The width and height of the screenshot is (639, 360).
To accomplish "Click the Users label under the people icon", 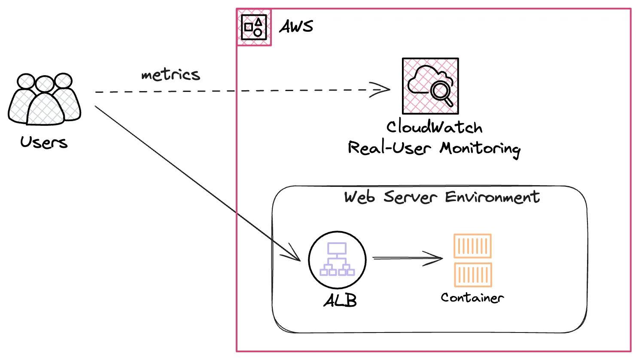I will coord(44,142).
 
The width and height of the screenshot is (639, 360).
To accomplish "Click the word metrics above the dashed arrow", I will coord(170,75).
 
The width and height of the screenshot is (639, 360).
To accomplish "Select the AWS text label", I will coord(296,27).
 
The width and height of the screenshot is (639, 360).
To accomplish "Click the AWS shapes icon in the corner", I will coord(254,27).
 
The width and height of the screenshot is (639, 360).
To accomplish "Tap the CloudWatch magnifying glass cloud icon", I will coord(430,86).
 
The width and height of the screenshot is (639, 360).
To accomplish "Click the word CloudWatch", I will coord(434,127).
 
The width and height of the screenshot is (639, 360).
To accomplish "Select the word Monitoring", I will coord(480,148).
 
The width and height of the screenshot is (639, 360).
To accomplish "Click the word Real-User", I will coord(389,148).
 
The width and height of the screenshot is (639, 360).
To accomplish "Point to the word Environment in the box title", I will coord(492,197).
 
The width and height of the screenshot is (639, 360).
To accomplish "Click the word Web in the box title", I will coord(359,197).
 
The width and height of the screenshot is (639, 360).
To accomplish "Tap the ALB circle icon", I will coord(337,259).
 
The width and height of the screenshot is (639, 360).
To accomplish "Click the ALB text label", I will coord(340,300).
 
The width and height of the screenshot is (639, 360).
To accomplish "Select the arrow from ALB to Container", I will coord(407,258).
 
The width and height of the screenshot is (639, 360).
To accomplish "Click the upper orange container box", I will coord(472,246).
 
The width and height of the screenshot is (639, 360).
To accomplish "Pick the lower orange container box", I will coord(472,275).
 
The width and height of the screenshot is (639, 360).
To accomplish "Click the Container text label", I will coord(472,298).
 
